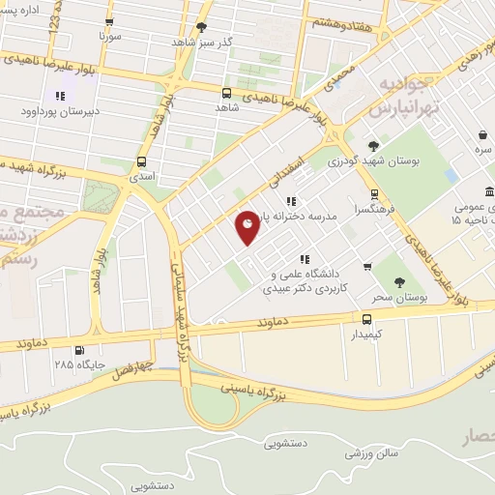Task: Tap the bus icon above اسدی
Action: [142, 161]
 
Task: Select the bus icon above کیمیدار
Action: [366, 318]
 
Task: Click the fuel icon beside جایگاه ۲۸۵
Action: [79, 351]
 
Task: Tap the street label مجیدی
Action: [335, 73]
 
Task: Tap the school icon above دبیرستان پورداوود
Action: [59, 96]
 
